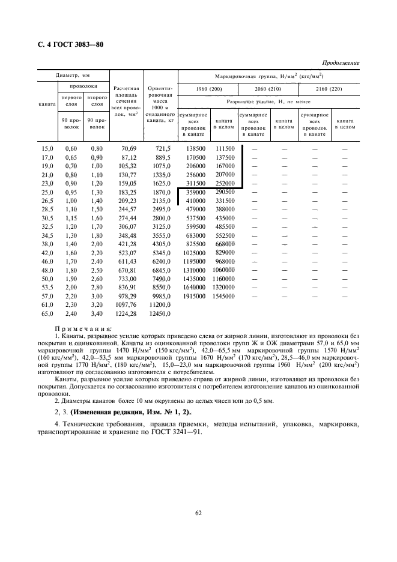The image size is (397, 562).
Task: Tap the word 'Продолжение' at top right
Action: pos(341,62)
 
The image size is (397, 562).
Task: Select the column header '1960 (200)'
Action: pos(208,89)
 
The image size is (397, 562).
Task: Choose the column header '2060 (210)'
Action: pos(268,89)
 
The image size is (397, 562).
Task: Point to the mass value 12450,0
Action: pos(160,313)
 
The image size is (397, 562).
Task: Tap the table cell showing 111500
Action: pos(225,148)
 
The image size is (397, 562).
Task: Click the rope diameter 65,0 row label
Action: pos(47,313)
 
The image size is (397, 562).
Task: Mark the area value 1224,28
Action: pos(127,313)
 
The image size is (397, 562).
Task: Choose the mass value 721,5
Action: pos(163,148)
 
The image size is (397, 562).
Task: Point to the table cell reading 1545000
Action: pos(223,296)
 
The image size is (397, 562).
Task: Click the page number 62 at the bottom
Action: pos(198,512)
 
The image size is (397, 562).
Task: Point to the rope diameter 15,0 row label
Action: pos(47,148)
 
